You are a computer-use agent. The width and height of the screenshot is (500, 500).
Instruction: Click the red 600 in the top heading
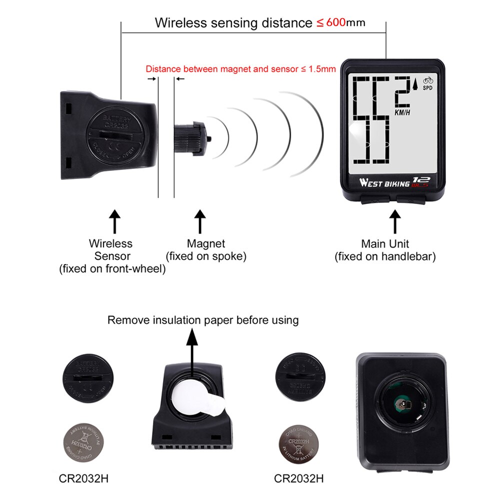[335, 23]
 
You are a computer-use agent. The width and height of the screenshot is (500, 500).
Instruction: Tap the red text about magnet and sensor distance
[240, 69]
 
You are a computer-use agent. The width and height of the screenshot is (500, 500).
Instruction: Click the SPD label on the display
[428, 88]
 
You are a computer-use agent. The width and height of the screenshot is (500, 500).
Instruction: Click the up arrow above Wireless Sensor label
[115, 221]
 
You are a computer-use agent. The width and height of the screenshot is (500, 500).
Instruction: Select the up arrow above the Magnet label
[200, 221]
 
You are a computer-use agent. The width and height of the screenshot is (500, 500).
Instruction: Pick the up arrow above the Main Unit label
[395, 221]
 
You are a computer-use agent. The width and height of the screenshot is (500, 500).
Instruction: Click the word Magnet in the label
[206, 244]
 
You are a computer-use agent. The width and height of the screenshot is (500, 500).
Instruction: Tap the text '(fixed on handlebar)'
[385, 257]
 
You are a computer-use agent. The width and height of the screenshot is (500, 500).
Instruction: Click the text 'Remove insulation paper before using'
[203, 320]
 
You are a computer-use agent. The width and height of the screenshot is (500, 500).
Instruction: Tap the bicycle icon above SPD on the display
[428, 80]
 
